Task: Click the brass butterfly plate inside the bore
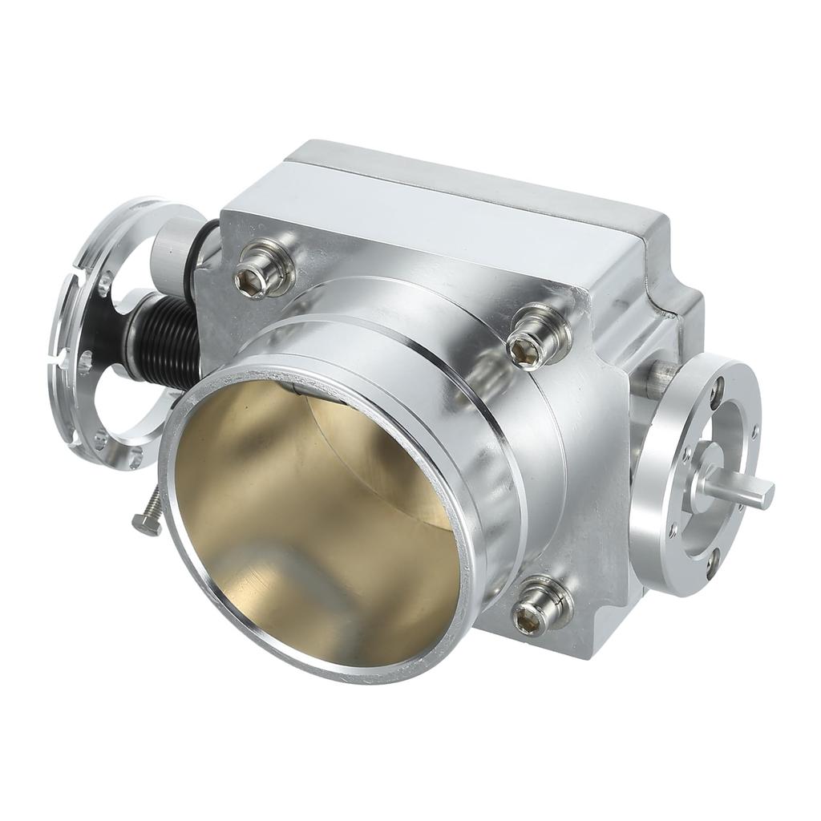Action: point(377,473)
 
